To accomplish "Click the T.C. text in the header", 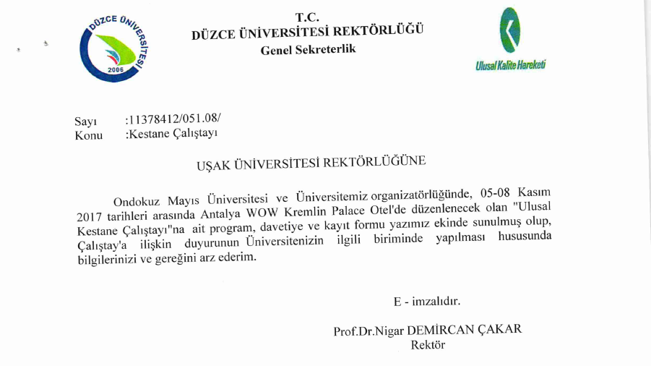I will click(307, 17).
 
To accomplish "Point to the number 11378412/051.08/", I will click(173, 119).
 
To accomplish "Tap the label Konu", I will click(88, 135).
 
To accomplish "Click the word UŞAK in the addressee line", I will click(214, 165).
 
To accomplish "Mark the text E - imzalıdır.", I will click(426, 300).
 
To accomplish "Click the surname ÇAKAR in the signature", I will click(499, 330).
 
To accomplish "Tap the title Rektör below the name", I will click(428, 345).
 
